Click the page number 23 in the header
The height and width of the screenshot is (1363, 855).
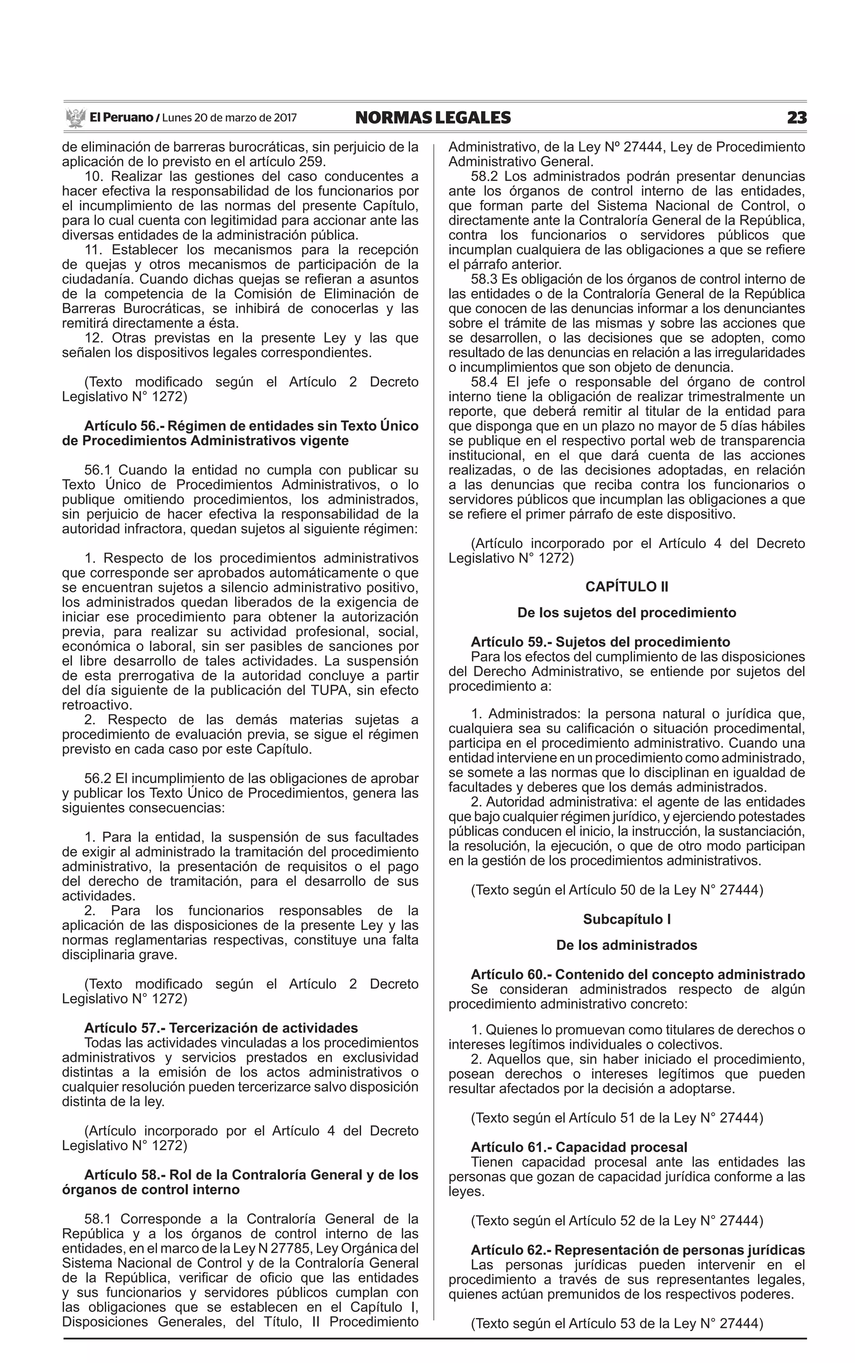796,118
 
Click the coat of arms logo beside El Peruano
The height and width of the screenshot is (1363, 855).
75,118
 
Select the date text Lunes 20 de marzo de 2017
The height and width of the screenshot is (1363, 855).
229,118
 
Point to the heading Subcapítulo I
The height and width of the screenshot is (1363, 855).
627,919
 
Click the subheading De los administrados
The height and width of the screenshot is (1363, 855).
627,945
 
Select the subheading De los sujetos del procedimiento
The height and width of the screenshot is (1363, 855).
627,613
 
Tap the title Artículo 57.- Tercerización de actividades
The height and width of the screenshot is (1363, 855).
221,1028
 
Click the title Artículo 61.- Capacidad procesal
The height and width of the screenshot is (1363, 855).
579,1147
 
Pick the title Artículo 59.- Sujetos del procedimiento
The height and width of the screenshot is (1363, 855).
600,642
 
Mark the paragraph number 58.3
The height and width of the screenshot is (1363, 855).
483,279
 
